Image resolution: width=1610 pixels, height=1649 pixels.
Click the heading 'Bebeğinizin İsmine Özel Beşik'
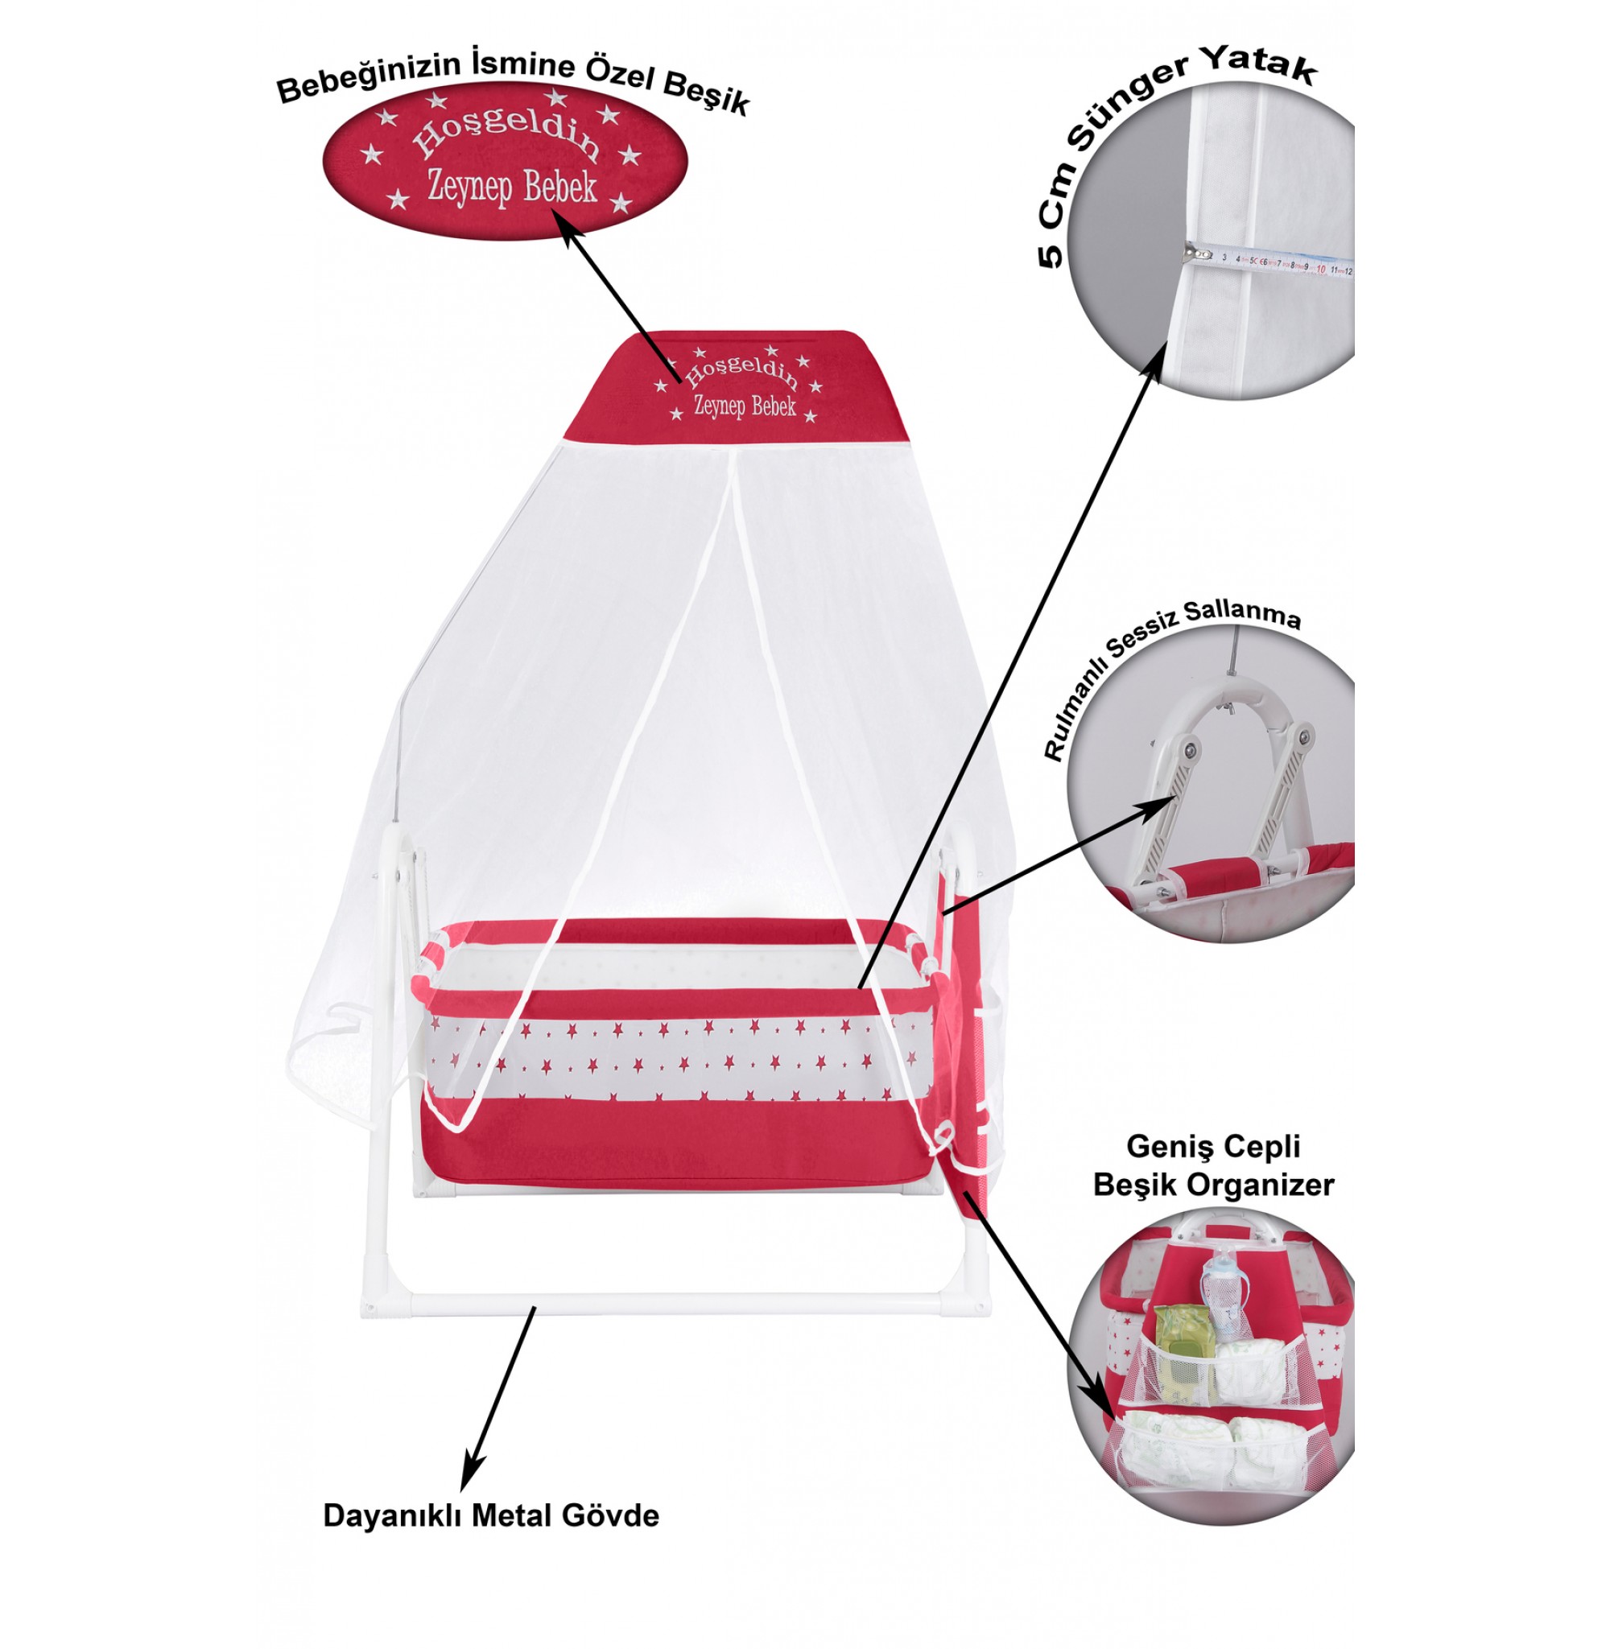pyautogui.click(x=513, y=84)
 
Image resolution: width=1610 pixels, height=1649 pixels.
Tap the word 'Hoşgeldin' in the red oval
pyautogui.click(x=506, y=135)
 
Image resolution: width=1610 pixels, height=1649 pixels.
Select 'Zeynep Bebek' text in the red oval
pyautogui.click(x=512, y=187)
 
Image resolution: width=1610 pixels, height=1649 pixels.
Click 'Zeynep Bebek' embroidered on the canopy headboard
pyautogui.click(x=744, y=406)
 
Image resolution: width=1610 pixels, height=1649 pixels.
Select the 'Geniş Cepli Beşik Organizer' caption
pyautogui.click(x=1212, y=1165)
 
